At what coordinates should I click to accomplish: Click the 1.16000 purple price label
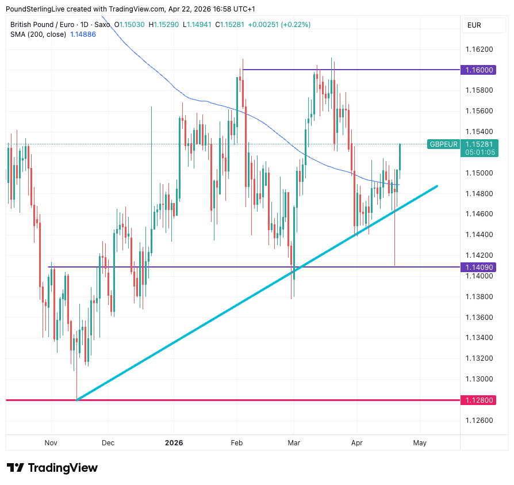pos(480,70)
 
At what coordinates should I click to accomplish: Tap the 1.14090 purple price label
pos(480,267)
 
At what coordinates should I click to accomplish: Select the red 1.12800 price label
pos(480,400)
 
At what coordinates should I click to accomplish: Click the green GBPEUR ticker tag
pos(443,144)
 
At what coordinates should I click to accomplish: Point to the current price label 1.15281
pos(480,144)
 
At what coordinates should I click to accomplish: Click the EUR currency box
pos(474,25)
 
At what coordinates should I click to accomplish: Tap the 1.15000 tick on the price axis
pos(480,173)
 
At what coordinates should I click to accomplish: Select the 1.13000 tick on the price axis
pos(480,379)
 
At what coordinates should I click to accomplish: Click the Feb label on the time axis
pos(237,443)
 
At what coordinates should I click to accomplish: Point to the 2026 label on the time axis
pos(174,443)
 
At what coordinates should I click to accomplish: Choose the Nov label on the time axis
pos(51,443)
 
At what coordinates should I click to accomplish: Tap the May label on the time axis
pos(420,443)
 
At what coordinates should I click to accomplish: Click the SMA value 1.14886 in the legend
pos(83,35)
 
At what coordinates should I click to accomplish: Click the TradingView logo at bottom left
pos(52,468)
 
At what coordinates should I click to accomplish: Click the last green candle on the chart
pos(400,156)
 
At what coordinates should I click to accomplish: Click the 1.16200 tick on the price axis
pos(480,49)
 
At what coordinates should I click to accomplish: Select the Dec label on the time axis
pos(108,443)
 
